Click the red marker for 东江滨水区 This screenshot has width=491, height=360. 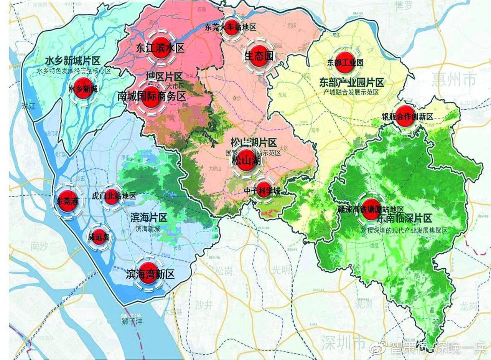(160, 48)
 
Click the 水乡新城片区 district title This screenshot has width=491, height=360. (72, 61)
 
